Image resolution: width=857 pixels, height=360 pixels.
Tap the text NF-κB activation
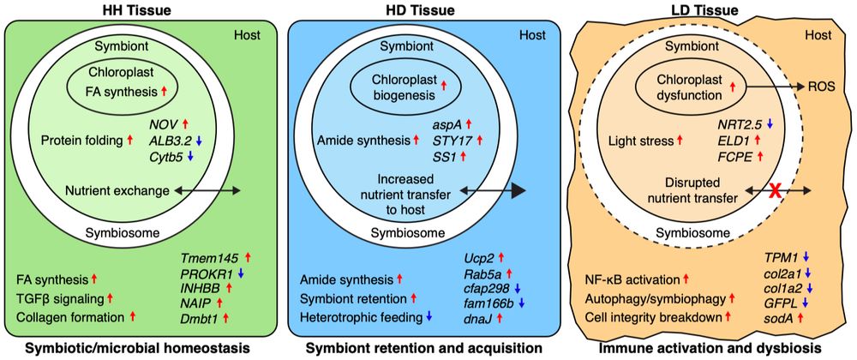coord(632,279)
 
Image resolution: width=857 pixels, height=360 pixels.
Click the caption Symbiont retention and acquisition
coord(426,347)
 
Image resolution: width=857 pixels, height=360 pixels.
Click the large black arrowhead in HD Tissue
coord(510,191)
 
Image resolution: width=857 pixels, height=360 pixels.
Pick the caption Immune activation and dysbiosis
coord(710,347)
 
